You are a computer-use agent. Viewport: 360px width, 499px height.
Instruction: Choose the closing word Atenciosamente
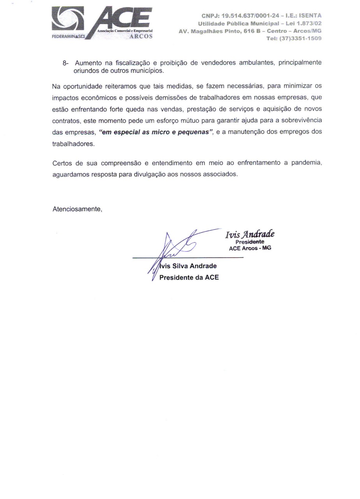[x=77, y=209]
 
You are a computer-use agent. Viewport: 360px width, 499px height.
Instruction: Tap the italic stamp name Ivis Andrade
[x=249, y=234]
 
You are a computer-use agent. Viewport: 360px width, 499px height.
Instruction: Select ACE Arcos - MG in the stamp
[x=250, y=248]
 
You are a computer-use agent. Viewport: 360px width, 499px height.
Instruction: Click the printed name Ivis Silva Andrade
[x=188, y=267]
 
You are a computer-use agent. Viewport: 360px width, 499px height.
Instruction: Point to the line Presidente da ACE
[x=189, y=278]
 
